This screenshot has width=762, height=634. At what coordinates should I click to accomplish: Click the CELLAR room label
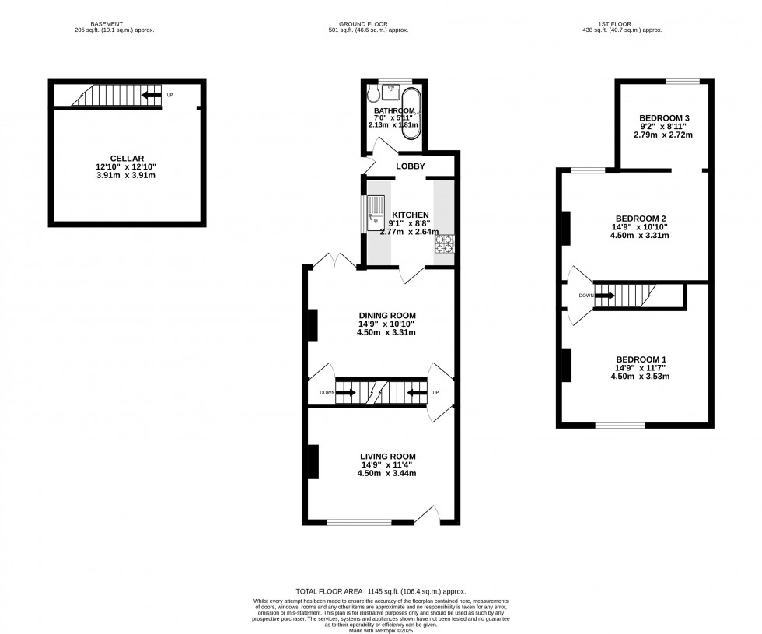127,158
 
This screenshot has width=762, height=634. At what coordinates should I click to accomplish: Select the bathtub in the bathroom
411,115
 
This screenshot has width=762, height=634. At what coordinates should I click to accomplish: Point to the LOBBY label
410,166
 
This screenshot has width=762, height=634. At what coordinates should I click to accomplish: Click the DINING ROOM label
386,315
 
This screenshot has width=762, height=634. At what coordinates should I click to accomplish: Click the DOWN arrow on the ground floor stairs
347,393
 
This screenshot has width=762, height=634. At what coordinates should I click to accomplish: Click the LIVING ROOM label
387,456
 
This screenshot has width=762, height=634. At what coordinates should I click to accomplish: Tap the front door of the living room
426,514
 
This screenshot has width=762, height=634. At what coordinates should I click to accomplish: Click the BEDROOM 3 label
664,117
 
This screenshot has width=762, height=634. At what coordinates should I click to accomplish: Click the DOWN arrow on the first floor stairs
607,296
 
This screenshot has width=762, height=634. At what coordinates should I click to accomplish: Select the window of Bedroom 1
620,426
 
